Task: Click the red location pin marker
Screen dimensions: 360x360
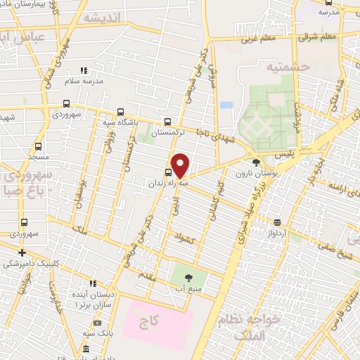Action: (x=180, y=166)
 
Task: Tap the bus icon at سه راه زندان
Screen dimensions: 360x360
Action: (x=167, y=172)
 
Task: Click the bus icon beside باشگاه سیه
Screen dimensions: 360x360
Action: (x=121, y=112)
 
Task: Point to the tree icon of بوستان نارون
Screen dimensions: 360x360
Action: (x=255, y=162)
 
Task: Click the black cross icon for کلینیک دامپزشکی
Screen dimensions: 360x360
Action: (x=22, y=252)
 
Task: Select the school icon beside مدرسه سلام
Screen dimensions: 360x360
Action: (x=84, y=70)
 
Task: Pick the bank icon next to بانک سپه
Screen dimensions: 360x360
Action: (x=86, y=349)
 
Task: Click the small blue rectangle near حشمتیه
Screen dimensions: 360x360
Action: (x=226, y=105)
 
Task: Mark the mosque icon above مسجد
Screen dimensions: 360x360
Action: (x=37, y=147)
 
